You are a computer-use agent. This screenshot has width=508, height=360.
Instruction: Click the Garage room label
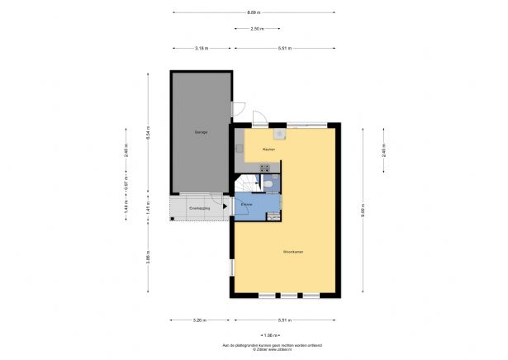coord(201,132)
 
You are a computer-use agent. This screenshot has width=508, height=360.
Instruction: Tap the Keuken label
coord(268,149)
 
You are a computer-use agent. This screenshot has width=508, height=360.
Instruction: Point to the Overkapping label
coord(199,209)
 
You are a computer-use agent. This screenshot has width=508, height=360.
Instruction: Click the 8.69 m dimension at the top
coord(254,12)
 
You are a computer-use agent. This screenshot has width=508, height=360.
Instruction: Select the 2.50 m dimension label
coord(258,29)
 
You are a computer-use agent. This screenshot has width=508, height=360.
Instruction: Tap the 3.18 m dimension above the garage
coord(201,48)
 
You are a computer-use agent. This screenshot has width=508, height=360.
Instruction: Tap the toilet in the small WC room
coord(269,184)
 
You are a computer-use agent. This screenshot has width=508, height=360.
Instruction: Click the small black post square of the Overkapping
coord(173,219)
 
